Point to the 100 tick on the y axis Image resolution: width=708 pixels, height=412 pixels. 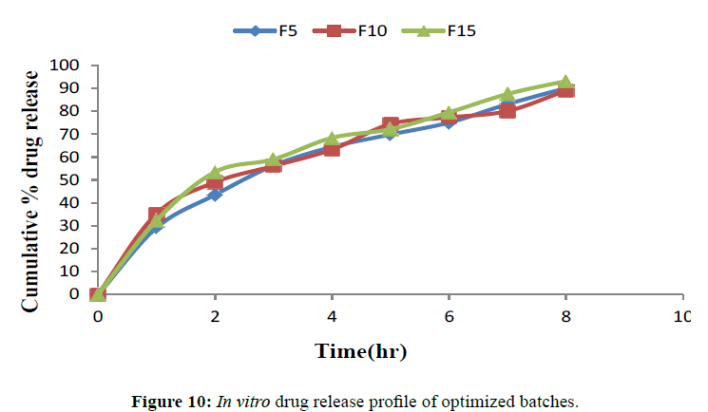[74, 66]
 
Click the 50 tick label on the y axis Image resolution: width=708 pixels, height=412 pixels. [78, 180]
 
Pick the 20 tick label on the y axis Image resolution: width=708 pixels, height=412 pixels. [78, 249]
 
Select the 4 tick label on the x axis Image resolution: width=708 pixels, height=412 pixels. [332, 315]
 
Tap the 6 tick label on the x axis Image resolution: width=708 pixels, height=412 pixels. [449, 315]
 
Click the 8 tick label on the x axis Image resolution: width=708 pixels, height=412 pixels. [565, 315]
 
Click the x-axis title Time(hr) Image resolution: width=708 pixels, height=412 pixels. [361, 352]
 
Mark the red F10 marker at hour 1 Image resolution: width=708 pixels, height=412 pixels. [157, 215]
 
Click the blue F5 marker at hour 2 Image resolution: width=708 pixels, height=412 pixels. [215, 195]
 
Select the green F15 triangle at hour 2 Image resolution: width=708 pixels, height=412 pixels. [215, 174]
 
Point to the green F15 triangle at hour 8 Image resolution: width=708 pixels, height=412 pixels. [565, 83]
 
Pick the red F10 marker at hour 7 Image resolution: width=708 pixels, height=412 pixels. [507, 111]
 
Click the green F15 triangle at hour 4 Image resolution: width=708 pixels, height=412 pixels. [332, 140]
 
